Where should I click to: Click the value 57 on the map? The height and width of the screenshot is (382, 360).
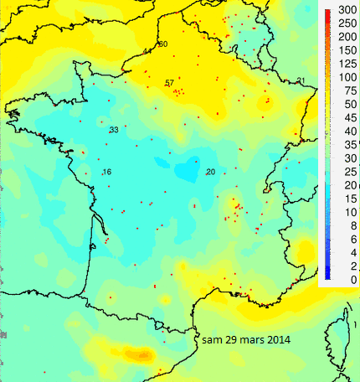169,82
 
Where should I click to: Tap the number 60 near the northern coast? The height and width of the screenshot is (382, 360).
162,44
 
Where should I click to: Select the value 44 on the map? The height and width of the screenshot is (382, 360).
147,51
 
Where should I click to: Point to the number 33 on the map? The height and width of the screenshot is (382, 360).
113,130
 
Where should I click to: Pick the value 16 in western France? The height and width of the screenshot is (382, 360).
106,172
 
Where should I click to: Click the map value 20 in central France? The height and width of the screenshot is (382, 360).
210,172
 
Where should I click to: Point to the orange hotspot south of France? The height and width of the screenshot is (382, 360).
134,352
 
